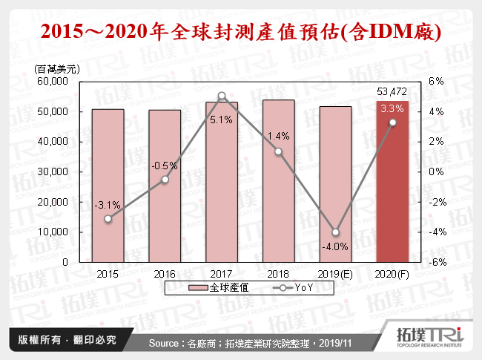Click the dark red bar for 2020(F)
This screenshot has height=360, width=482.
[392, 181]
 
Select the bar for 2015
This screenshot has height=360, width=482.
[108, 186]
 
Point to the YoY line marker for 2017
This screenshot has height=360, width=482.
[222, 96]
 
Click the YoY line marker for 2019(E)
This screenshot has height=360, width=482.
[335, 232]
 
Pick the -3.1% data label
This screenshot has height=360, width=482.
[108, 205]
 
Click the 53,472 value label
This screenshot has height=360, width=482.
[392, 91]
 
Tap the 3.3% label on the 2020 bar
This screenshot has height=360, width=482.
[392, 109]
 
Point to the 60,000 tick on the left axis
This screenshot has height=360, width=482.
[64, 81]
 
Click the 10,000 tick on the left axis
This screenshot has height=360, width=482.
[64, 232]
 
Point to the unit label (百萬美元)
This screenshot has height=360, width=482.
[58, 68]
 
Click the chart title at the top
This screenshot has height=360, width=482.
[241, 32]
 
